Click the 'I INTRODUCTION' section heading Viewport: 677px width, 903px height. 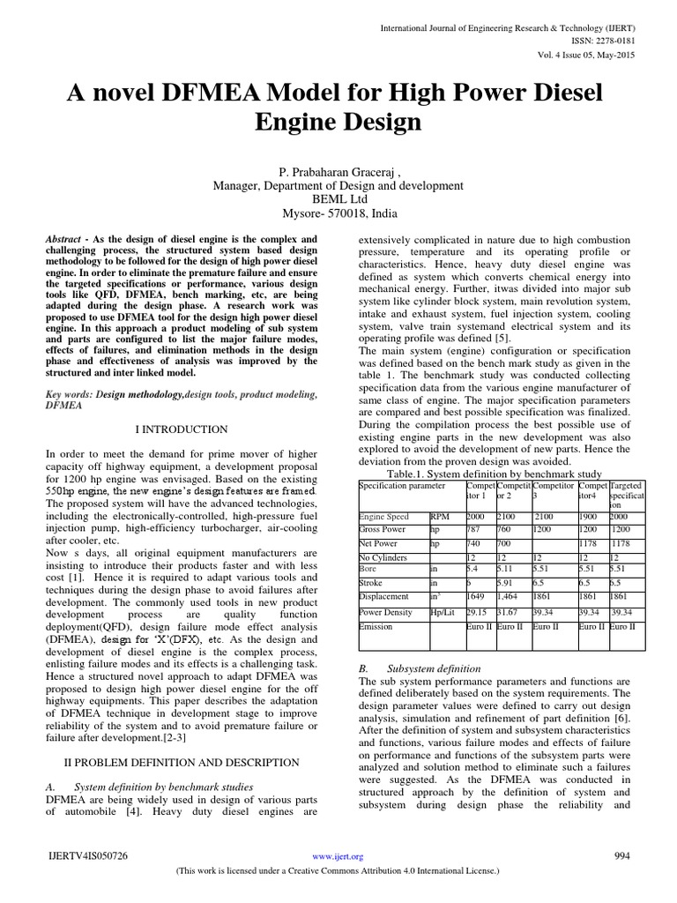tap(181, 429)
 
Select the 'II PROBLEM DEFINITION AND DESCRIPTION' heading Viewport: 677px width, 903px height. tap(182, 762)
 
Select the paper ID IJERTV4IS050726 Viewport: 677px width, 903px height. tap(89, 856)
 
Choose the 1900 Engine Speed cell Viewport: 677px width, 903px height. tap(591, 516)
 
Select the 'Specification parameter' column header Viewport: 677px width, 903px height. tap(402, 486)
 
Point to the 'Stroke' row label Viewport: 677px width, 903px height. tap(372, 583)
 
